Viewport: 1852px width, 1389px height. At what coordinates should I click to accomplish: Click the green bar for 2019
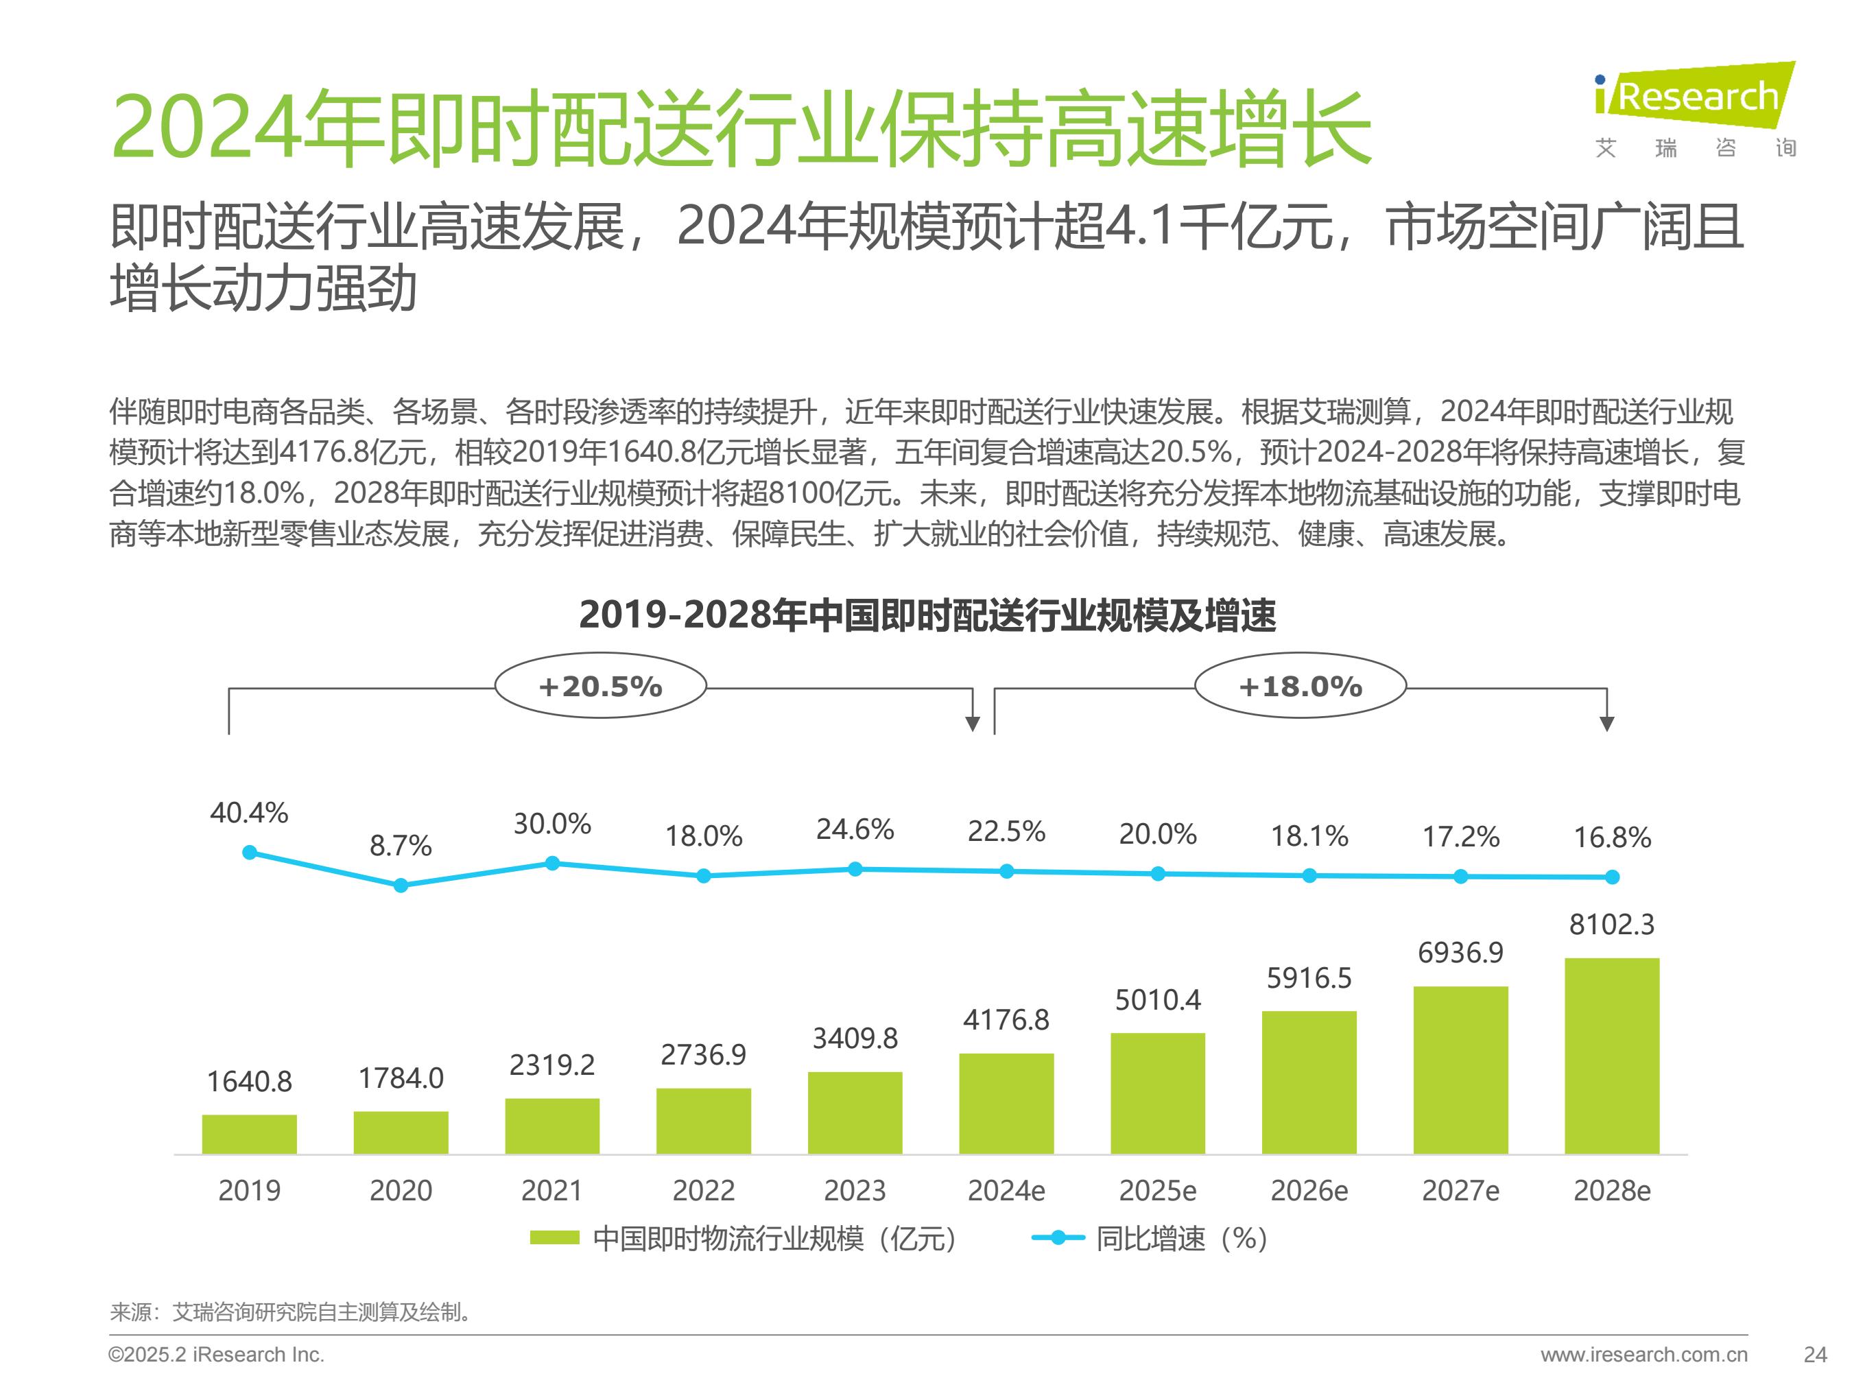[250, 1134]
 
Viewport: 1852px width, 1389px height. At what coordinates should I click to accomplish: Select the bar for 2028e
[1612, 1056]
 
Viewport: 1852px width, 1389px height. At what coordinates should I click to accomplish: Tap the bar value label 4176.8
[1006, 1020]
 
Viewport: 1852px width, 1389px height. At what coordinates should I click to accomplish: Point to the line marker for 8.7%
[401, 885]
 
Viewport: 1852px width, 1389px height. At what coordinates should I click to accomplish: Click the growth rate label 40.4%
[250, 813]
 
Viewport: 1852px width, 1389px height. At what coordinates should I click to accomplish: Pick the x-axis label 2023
[855, 1191]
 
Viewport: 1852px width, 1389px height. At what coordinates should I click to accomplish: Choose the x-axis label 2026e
[1309, 1191]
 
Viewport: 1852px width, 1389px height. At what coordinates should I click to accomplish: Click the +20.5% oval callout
[600, 687]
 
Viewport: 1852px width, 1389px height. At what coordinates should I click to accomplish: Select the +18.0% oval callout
[1301, 687]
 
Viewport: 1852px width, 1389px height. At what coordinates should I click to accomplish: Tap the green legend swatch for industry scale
[554, 1238]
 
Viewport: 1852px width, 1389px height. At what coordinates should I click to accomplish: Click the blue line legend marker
[1058, 1237]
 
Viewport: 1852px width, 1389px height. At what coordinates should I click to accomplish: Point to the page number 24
[1815, 1355]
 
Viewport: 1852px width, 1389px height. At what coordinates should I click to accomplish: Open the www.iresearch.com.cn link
[1643, 1355]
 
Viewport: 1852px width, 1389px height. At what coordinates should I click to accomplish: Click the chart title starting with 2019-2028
[927, 615]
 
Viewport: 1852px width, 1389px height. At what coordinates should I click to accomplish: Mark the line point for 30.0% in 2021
[553, 863]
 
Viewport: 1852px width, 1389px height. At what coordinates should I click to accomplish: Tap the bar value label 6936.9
[1460, 953]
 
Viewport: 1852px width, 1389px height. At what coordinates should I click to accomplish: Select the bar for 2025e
[1158, 1093]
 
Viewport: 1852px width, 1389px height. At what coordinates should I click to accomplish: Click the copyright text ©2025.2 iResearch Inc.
[216, 1355]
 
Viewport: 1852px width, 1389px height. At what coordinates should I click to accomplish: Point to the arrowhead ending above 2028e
[1606, 724]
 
